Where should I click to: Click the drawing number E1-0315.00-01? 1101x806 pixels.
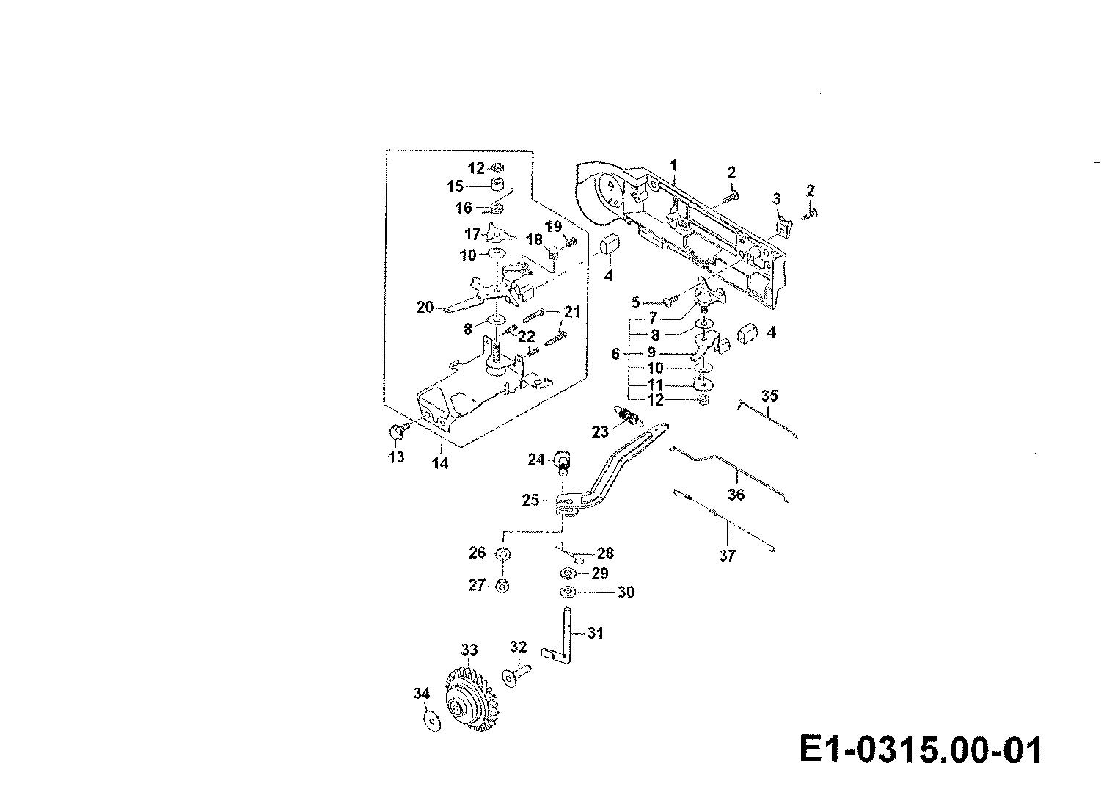920,750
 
